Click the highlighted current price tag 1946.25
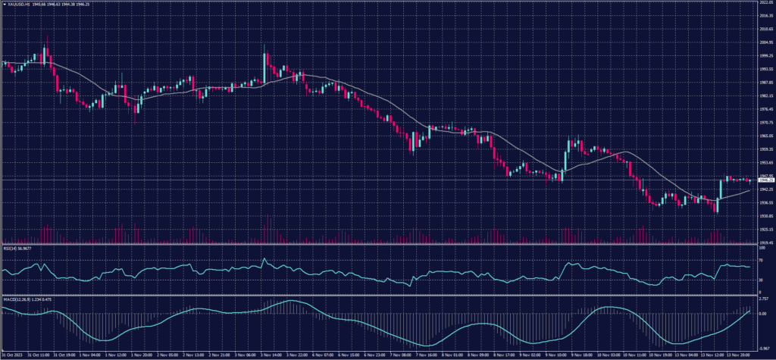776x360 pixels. click(x=765, y=180)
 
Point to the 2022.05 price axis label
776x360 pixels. click(x=765, y=3)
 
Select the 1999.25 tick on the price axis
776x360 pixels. click(x=765, y=55)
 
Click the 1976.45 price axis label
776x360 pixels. click(x=765, y=108)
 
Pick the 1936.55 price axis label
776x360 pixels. click(x=765, y=202)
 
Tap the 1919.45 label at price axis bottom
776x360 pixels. click(x=765, y=242)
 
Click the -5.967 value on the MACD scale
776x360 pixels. click(x=763, y=347)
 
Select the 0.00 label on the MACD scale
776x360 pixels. click(x=762, y=313)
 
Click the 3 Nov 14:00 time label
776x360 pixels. click(x=247, y=355)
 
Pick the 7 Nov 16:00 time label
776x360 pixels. click(x=427, y=355)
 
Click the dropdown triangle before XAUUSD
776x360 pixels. click(x=3, y=3)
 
